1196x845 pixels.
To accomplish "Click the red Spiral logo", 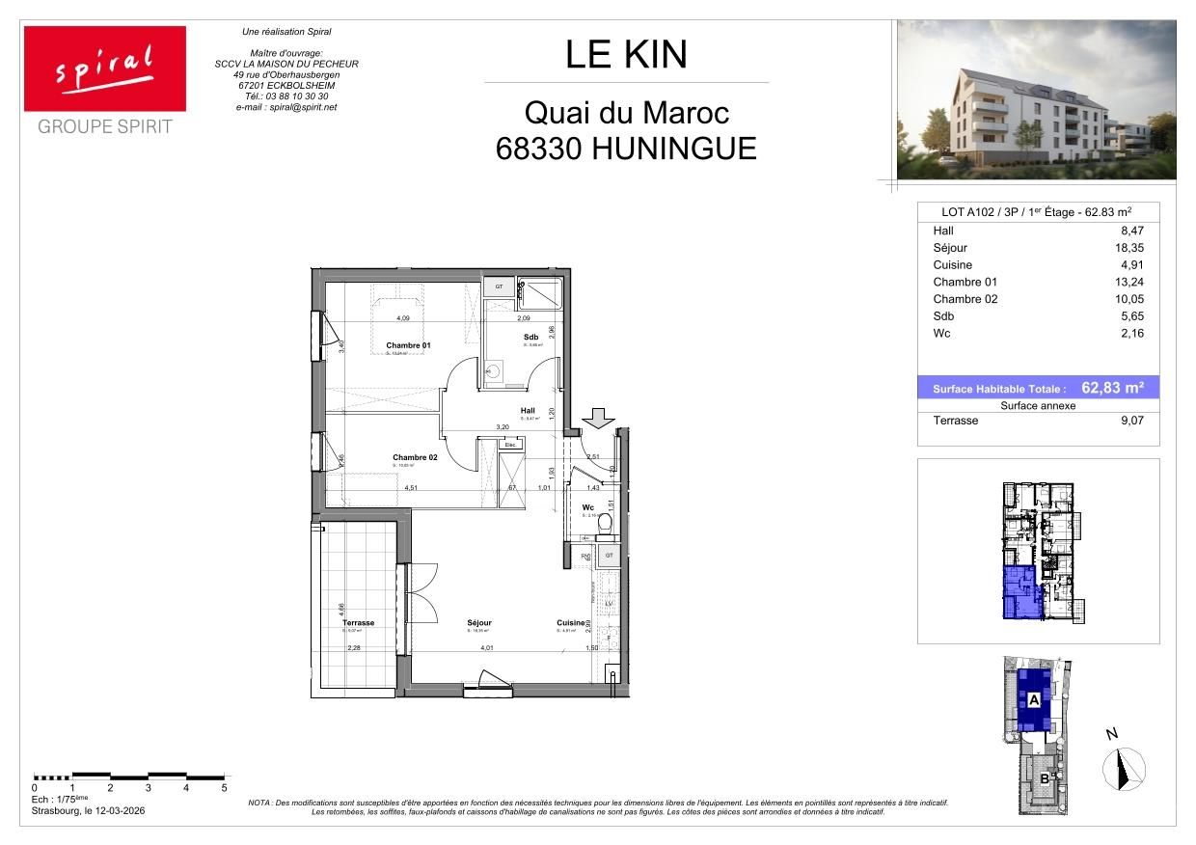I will tap(105, 68).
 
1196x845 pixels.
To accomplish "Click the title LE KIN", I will tap(626, 54).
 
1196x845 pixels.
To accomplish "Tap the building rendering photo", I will tap(1036, 100).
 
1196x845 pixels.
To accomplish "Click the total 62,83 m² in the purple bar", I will tap(1112, 388).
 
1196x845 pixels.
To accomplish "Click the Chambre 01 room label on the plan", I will tap(408, 345).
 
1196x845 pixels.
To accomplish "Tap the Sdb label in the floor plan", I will tap(530, 337).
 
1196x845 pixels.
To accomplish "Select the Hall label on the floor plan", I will tap(528, 410).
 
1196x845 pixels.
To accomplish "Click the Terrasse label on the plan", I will tap(358, 623).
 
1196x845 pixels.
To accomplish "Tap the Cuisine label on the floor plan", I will tap(571, 623).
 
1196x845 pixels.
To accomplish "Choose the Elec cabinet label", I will tap(510, 445).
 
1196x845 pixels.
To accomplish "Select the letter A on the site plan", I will tap(1033, 700).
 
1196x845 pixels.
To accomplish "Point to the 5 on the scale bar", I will tap(224, 788).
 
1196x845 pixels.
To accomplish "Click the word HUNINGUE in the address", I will tap(674, 149).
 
